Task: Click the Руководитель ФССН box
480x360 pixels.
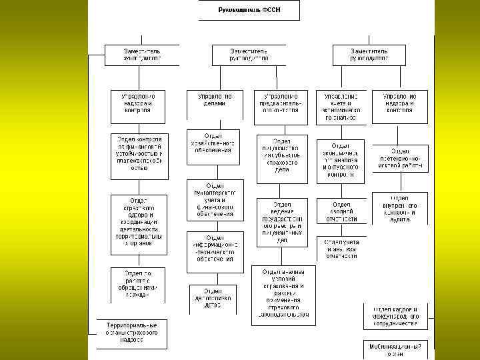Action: coord(249,11)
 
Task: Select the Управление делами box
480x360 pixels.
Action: coord(215,101)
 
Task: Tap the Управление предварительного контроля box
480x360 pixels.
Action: coord(281,106)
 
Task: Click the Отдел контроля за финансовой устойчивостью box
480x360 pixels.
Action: coord(139,155)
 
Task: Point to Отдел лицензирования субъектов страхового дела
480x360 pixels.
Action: coord(281,156)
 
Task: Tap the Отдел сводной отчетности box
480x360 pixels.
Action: coord(341,212)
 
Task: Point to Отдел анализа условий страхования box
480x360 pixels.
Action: coord(281,295)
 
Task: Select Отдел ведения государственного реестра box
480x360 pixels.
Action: coord(281,223)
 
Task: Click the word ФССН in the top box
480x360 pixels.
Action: coord(271,11)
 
